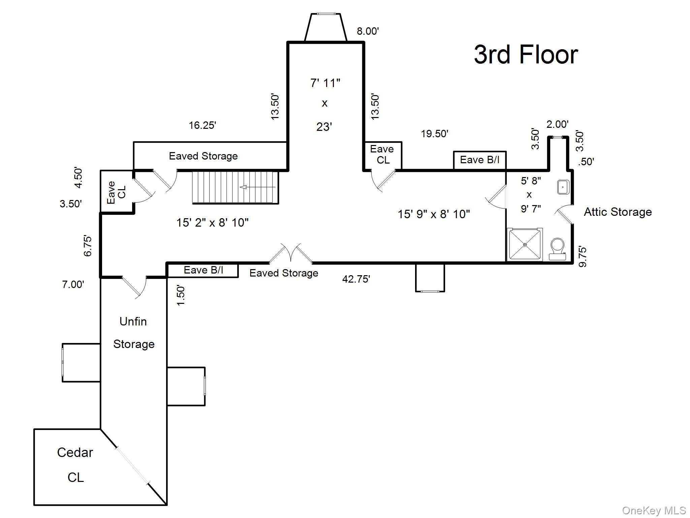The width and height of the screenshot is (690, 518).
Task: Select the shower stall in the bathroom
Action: (x=525, y=244)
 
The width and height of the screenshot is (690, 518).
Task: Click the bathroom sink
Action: (x=563, y=187)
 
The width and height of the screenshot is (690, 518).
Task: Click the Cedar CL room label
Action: (x=75, y=464)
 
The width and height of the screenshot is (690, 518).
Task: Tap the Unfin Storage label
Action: (x=133, y=333)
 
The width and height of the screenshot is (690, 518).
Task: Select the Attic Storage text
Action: (x=618, y=212)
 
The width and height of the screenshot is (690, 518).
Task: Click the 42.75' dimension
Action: (x=356, y=279)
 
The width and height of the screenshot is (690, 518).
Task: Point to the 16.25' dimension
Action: (x=202, y=125)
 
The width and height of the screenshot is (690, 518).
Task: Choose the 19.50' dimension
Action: (x=434, y=134)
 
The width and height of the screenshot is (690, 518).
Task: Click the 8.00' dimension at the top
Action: (x=368, y=31)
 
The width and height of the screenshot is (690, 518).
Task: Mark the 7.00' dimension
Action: (x=73, y=284)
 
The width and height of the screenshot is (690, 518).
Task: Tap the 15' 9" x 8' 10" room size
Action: (x=434, y=214)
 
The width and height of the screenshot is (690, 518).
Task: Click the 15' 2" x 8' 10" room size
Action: (x=212, y=222)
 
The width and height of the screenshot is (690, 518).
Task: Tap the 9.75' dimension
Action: (x=583, y=257)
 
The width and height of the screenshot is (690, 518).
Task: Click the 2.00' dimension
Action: (x=557, y=124)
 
